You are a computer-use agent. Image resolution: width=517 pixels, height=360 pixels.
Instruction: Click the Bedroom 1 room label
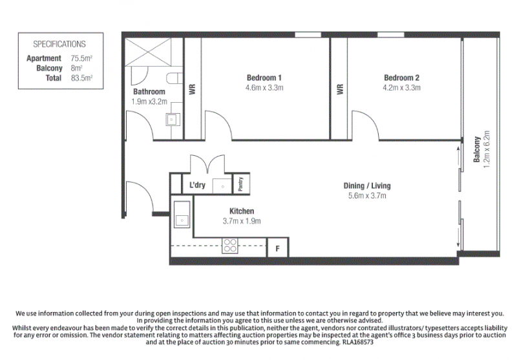tap(264, 78)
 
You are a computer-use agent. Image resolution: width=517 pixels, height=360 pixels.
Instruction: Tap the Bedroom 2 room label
tap(401, 78)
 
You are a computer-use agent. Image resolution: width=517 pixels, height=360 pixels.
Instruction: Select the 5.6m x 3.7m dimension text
tap(367, 196)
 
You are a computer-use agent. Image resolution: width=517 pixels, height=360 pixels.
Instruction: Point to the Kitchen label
tap(242, 211)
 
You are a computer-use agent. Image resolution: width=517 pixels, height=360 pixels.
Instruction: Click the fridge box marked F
tap(277, 248)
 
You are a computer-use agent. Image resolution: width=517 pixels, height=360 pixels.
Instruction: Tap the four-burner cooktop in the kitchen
tap(230, 246)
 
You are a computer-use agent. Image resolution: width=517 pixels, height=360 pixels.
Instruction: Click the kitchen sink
tap(182, 215)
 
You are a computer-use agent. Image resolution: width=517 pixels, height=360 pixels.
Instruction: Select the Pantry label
tap(240, 184)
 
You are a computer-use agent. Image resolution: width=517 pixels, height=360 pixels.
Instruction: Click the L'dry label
tap(197, 185)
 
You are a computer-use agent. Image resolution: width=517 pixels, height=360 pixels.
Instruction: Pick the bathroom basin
tap(173, 119)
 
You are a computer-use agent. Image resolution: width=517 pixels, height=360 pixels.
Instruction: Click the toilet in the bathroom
tap(174, 78)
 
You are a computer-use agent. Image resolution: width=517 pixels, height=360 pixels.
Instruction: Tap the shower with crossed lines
tap(148, 52)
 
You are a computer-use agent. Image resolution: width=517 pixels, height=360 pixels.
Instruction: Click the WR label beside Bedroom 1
tap(193, 89)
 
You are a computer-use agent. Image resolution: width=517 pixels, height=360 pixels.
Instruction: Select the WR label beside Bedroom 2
tap(340, 89)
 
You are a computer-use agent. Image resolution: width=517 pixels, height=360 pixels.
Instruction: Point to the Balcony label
tap(477, 149)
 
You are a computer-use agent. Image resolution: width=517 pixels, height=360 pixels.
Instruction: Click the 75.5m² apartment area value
tap(81, 58)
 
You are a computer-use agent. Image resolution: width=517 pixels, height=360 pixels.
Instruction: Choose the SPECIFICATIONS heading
tap(59, 44)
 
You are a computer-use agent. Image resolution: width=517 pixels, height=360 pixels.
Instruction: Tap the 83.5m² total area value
tap(81, 78)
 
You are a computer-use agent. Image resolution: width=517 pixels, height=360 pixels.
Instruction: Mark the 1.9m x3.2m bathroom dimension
tap(149, 101)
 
